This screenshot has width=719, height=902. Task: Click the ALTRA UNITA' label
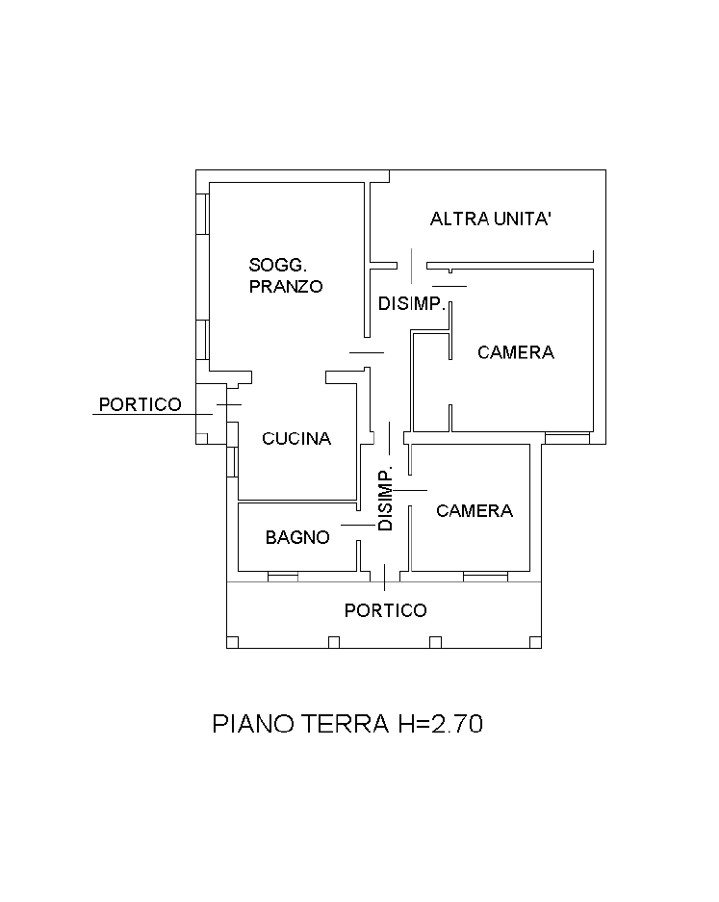(x=491, y=219)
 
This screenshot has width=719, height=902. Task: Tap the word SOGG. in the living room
(x=277, y=265)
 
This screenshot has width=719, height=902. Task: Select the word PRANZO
(x=285, y=286)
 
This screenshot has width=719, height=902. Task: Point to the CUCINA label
(x=296, y=438)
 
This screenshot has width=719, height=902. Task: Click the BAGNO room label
(x=297, y=537)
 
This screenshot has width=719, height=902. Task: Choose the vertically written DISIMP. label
(x=386, y=500)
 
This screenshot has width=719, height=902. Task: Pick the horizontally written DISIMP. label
(x=412, y=304)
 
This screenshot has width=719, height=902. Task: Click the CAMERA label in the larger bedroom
(x=516, y=352)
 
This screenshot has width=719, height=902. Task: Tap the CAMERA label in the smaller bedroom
(x=475, y=510)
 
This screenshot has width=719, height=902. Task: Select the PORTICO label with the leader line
(x=140, y=404)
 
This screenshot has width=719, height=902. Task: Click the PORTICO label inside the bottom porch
(x=385, y=610)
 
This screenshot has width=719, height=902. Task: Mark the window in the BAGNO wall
(x=282, y=577)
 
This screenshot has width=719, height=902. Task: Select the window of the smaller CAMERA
(x=484, y=577)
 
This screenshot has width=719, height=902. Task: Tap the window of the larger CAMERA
(x=567, y=438)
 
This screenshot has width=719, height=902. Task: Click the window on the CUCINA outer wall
(x=233, y=460)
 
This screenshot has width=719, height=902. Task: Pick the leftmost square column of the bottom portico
(x=232, y=643)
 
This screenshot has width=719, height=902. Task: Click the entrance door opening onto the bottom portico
(x=385, y=578)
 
